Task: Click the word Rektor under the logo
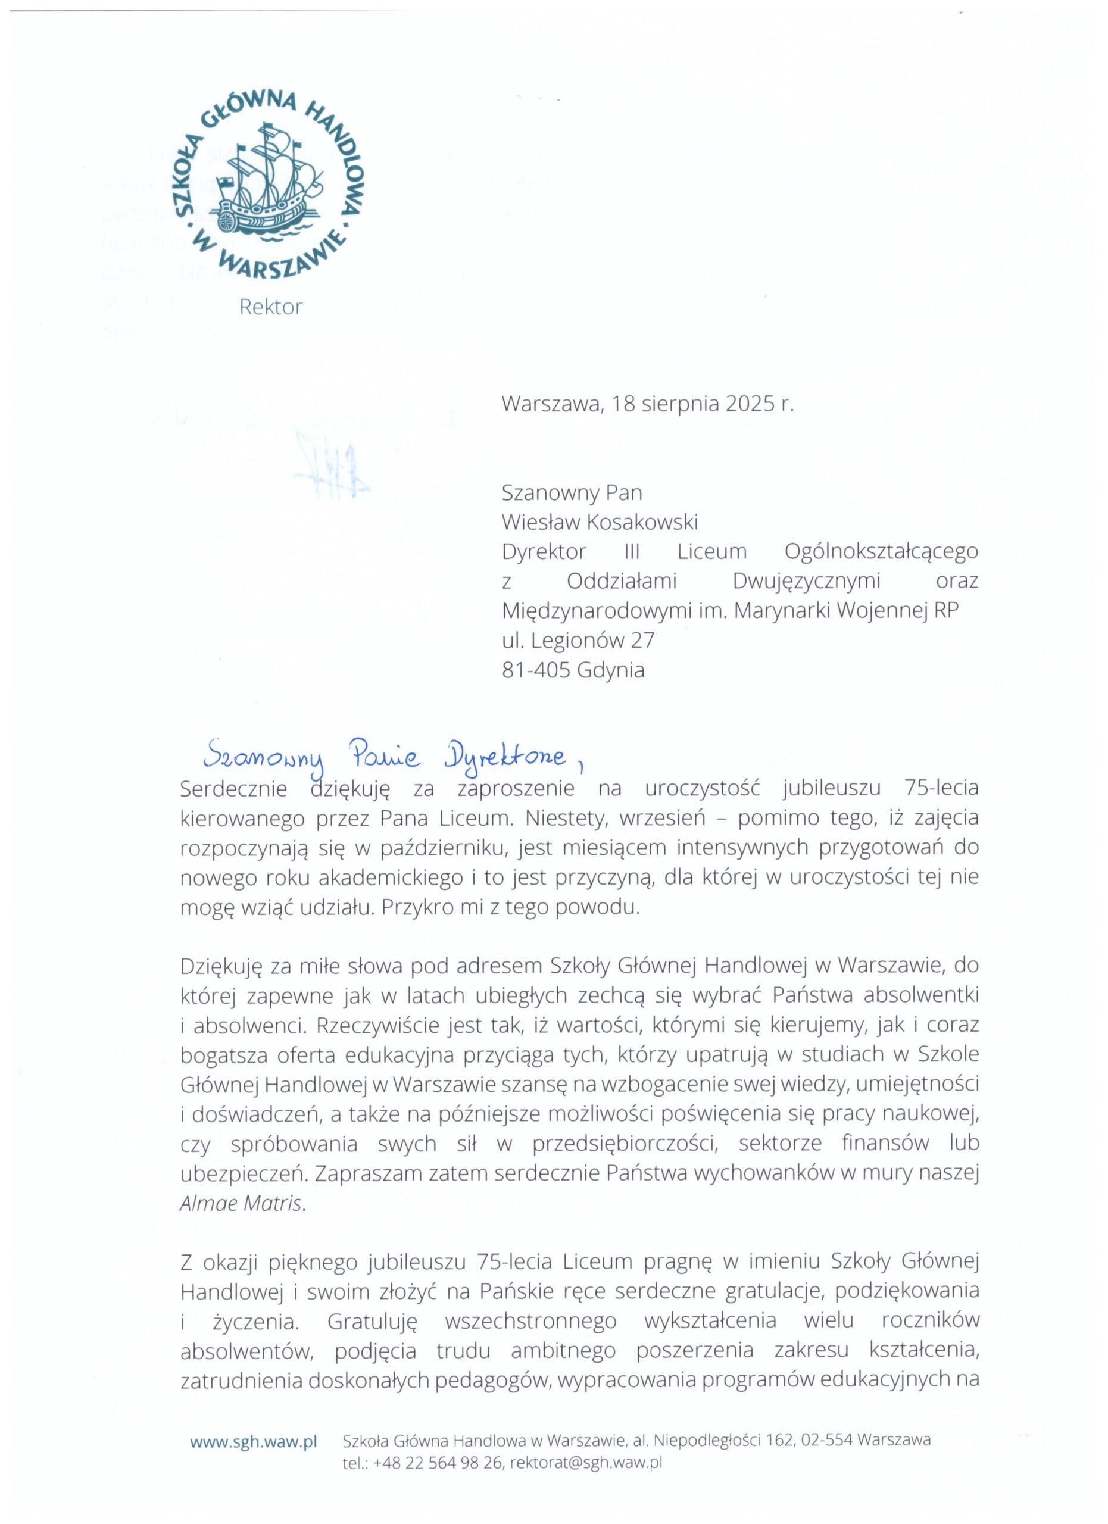coord(271,307)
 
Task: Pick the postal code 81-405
coord(536,670)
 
